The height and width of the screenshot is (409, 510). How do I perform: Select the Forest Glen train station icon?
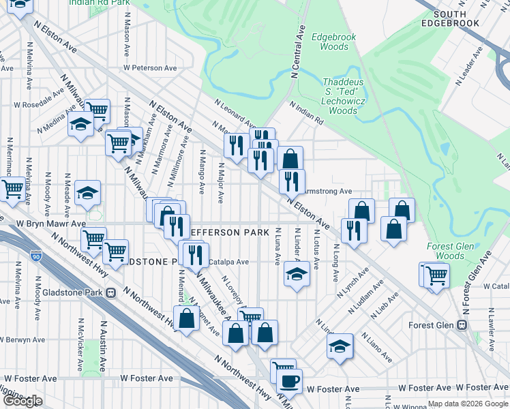462,325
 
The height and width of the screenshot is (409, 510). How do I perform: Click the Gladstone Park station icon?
111,292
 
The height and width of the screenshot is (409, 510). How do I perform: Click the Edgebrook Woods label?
330,42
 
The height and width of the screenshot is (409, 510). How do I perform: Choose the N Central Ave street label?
297,55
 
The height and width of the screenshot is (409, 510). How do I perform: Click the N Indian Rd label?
306,112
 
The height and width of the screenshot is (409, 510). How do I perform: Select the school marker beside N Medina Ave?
81,125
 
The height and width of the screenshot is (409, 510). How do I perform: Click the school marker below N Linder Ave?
297,274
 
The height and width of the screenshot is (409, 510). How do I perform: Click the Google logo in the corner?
22,401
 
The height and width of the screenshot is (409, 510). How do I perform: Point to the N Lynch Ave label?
357,281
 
